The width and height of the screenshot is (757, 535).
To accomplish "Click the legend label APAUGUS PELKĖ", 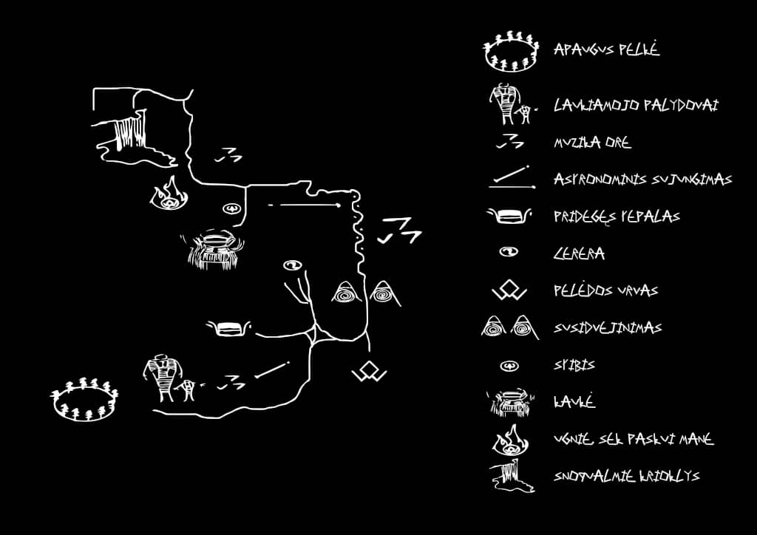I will point(606,50).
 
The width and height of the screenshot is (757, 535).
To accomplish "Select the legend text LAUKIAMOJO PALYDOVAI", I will point(636,106).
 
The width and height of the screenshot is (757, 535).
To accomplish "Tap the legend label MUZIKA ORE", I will point(592,143).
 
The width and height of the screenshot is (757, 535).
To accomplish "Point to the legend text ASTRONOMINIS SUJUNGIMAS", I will point(642,180).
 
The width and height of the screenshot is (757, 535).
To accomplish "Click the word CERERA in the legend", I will point(579,253).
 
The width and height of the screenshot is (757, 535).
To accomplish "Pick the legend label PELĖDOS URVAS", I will point(605,290).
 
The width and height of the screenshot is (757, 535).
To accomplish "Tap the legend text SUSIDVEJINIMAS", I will point(607,327).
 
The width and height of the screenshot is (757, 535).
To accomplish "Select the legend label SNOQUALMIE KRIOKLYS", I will point(626,476).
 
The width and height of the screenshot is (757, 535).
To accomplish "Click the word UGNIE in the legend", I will point(572,439).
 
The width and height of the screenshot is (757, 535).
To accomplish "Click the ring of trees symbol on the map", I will point(85,401).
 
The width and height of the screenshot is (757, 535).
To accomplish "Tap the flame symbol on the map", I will point(170,194).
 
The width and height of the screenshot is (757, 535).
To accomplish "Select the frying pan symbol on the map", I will point(228,327).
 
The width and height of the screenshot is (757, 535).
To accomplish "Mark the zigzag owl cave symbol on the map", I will point(369,372).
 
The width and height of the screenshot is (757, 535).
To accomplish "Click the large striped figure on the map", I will point(162,377).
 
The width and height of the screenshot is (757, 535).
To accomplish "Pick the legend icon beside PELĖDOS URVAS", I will point(509,291).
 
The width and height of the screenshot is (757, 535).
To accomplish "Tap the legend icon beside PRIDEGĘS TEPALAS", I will point(509,217).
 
